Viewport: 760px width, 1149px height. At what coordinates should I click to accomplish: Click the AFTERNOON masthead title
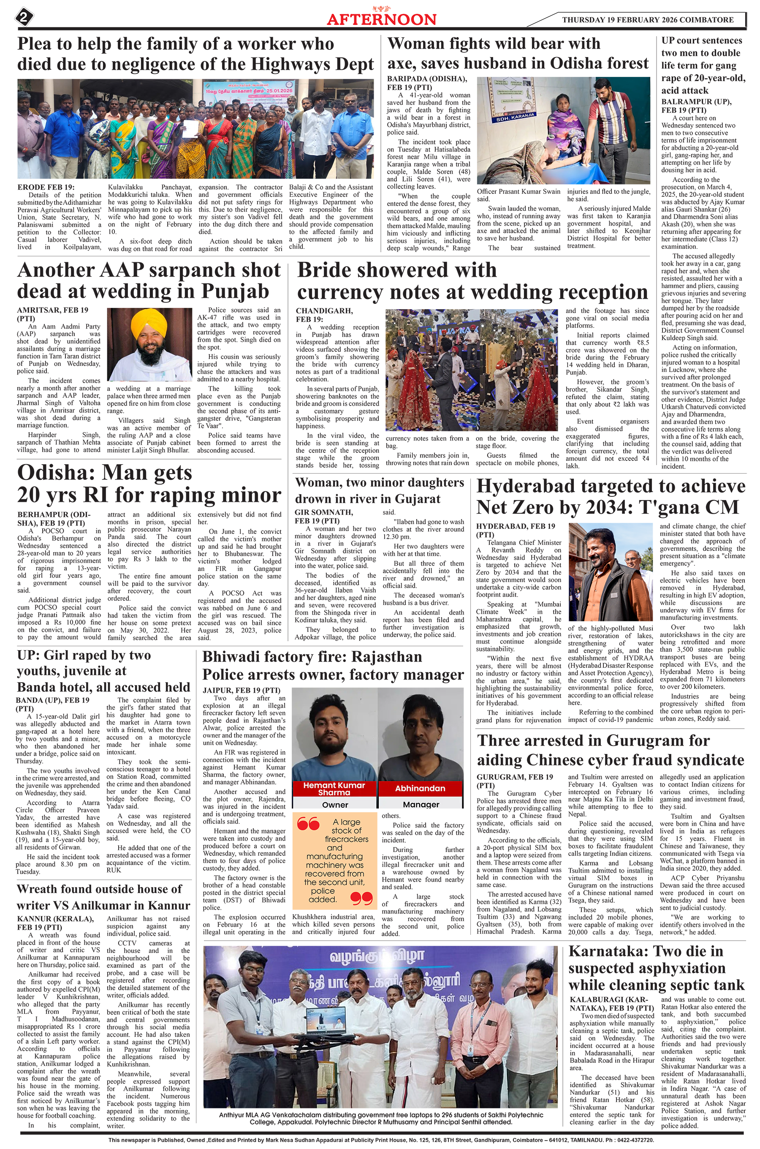[381, 19]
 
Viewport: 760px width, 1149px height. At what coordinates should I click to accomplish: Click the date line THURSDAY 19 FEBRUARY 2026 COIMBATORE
[648, 20]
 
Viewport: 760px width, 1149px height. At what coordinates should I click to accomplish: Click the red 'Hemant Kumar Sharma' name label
[334, 789]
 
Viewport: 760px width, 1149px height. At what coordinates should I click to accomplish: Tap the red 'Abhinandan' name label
[420, 788]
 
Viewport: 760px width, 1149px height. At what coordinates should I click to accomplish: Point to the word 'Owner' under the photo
[335, 805]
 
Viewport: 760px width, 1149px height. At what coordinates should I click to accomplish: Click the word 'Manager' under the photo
[421, 805]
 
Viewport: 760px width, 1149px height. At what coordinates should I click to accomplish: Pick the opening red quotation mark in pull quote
[308, 824]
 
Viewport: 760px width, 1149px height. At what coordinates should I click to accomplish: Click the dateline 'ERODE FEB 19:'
[46, 188]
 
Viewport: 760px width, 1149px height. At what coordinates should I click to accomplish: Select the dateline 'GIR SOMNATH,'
[324, 512]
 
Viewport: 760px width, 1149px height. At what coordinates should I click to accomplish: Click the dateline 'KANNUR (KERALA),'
[55, 919]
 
